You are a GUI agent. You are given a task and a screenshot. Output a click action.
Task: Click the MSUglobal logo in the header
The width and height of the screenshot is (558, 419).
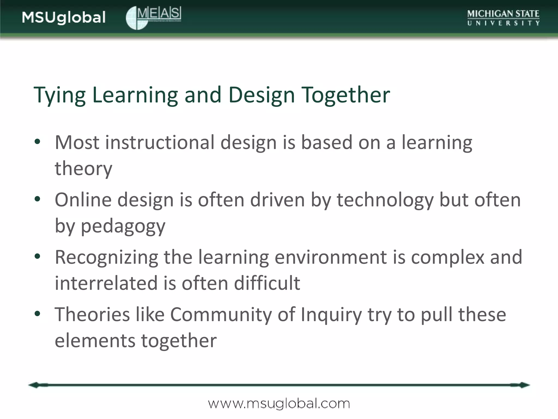(64, 18)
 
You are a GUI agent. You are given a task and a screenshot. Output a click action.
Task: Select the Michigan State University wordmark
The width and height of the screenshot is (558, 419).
(503, 18)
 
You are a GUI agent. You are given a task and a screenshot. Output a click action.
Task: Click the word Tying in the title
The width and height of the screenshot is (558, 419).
(59, 95)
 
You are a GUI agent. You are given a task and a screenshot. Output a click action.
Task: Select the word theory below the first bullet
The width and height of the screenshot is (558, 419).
(83, 169)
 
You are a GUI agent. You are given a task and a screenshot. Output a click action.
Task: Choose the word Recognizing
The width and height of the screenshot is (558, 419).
(106, 258)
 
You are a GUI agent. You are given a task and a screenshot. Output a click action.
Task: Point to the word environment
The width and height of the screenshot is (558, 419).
(330, 257)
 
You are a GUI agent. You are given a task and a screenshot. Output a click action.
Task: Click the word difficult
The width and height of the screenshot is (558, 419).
(267, 283)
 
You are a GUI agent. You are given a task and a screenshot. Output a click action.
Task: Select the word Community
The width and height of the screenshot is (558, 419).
(221, 315)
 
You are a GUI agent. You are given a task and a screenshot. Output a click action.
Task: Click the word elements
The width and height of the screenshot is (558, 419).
(95, 340)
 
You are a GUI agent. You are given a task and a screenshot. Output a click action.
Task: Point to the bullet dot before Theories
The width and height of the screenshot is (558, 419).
(38, 313)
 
